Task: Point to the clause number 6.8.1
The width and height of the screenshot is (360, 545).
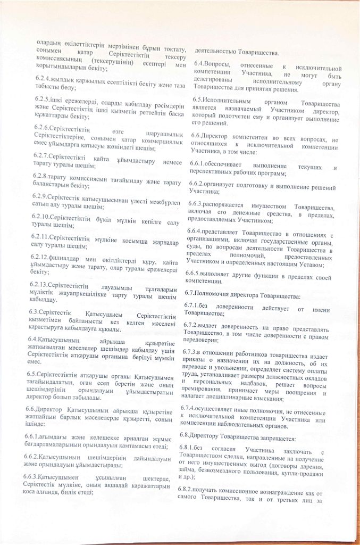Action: (x=189, y=450)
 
